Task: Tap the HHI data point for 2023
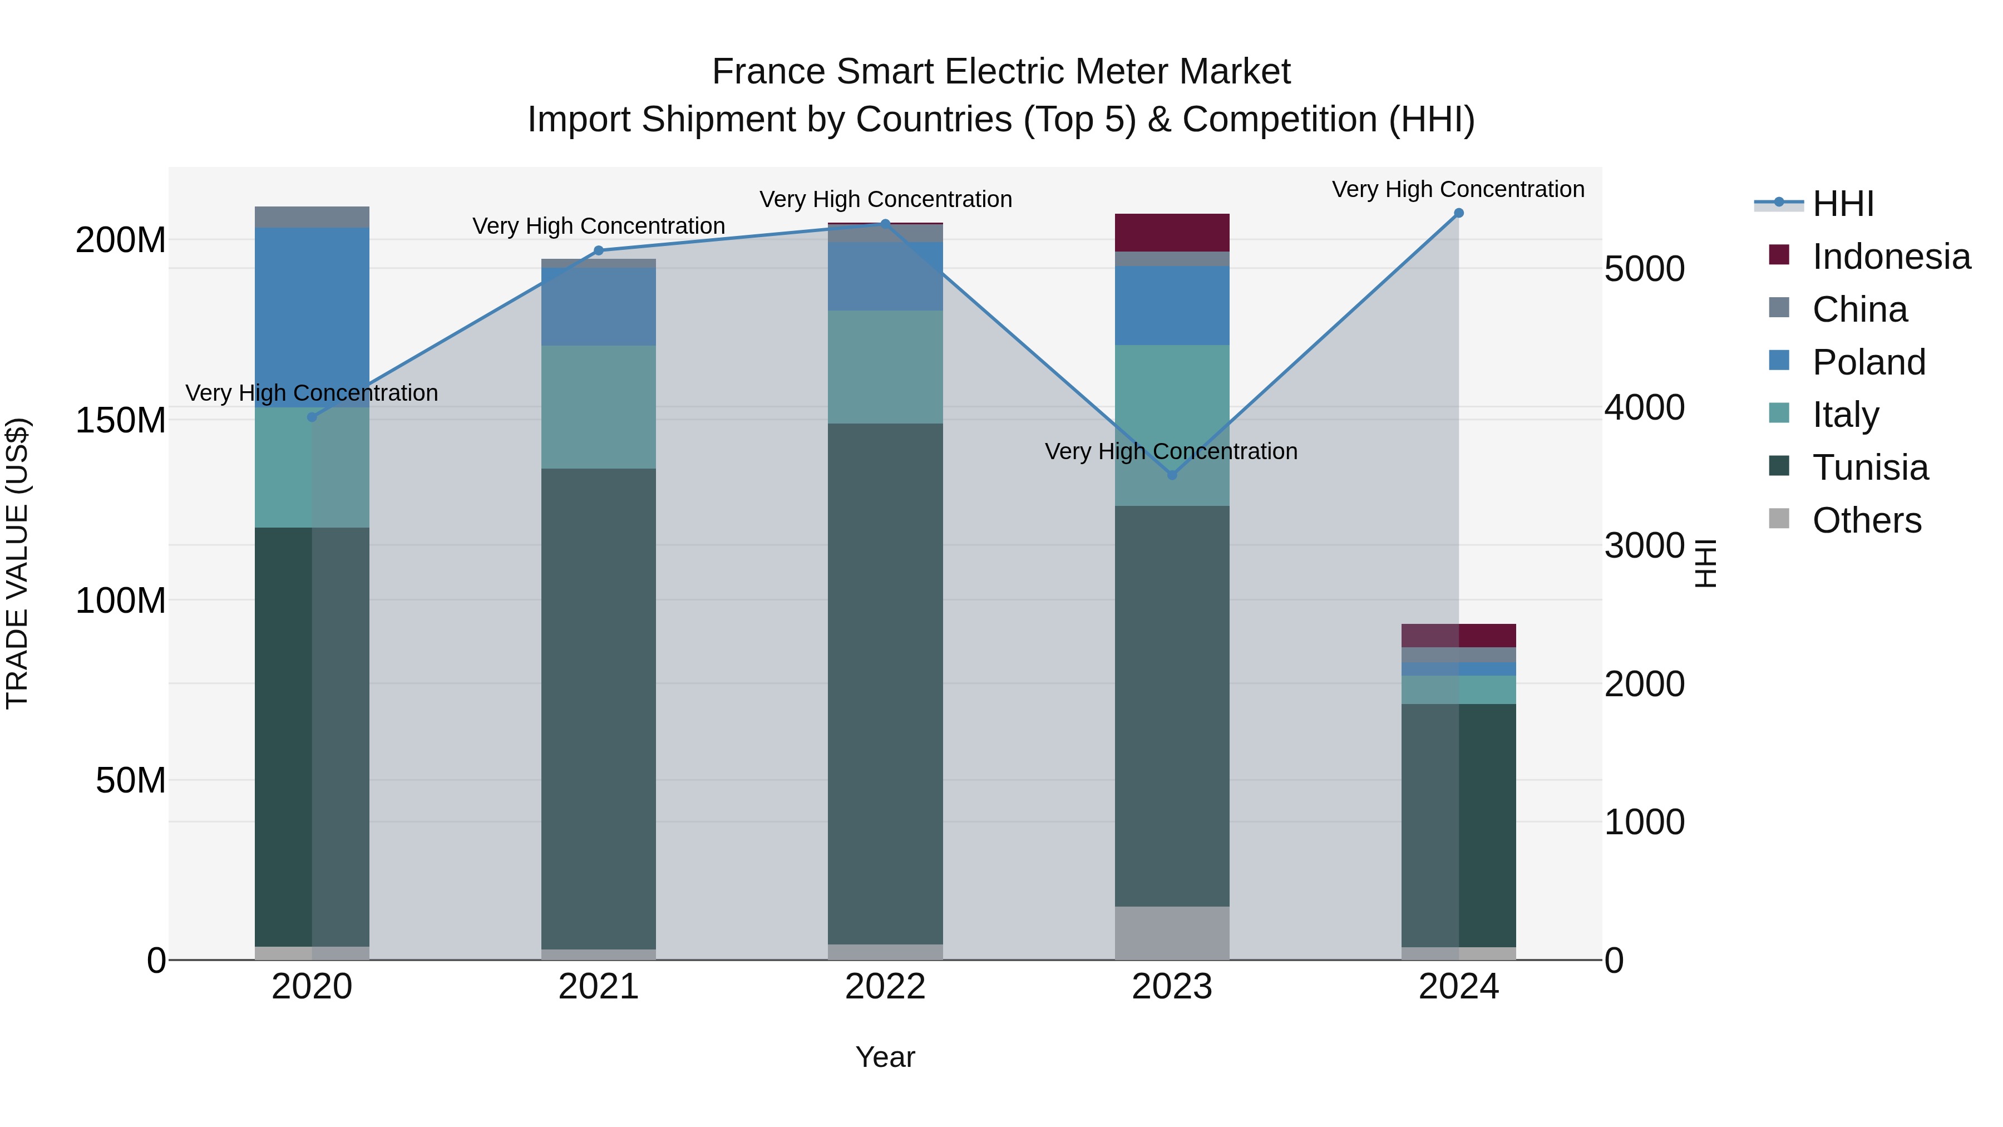pos(1172,475)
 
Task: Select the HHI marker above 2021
pos(598,250)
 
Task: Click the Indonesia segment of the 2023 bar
pos(1172,233)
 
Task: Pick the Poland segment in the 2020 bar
pos(312,317)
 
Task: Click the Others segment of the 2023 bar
pos(1172,933)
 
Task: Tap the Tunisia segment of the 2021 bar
pos(598,708)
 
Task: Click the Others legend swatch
pos(1779,519)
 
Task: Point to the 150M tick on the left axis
pos(121,420)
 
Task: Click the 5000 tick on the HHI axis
pos(1644,269)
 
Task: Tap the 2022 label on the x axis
pos(885,987)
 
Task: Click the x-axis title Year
pos(885,1057)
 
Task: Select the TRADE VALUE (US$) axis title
pos(17,563)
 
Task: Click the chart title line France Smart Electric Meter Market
pos(1001,72)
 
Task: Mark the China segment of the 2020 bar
pos(312,217)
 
